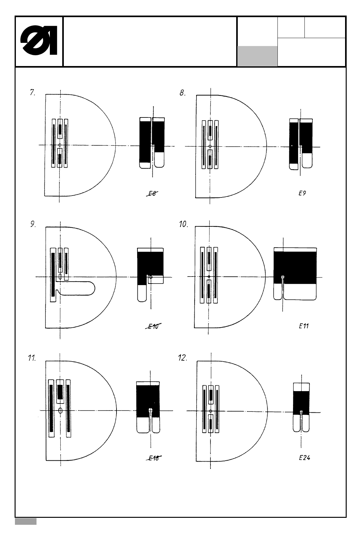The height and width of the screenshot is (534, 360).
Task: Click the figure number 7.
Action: pyautogui.click(x=32, y=93)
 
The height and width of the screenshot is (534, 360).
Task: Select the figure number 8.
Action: pyautogui.click(x=183, y=93)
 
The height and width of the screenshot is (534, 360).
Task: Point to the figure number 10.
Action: pyautogui.click(x=183, y=224)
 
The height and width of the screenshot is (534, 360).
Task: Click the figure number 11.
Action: pyautogui.click(x=32, y=358)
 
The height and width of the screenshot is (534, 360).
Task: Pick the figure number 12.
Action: pyautogui.click(x=183, y=358)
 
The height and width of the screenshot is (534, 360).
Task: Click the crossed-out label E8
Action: pyautogui.click(x=152, y=193)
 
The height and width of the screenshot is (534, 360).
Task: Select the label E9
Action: pyautogui.click(x=302, y=193)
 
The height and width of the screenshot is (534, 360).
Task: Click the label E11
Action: pyautogui.click(x=304, y=326)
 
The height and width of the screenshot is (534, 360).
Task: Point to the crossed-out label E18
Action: pyautogui.click(x=154, y=458)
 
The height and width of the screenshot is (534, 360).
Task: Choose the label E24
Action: pyautogui.click(x=304, y=458)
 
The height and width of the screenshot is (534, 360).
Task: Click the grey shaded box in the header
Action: pyautogui.click(x=257, y=56)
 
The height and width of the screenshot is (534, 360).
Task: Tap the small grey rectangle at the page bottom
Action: pyautogui.click(x=26, y=521)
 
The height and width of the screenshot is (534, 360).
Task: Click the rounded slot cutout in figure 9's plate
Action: pyautogui.click(x=78, y=288)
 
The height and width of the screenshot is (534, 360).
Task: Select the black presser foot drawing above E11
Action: pyautogui.click(x=295, y=273)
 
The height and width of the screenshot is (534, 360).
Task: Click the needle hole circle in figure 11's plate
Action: pyautogui.click(x=60, y=411)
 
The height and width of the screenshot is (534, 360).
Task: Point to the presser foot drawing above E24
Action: pyautogui.click(x=301, y=407)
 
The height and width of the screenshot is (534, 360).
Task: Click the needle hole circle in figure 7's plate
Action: pyautogui.click(x=60, y=145)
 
